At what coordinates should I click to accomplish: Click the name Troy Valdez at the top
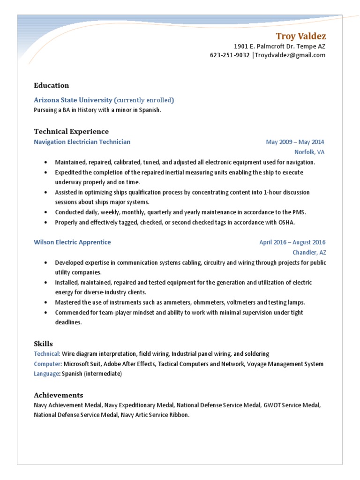(300, 37)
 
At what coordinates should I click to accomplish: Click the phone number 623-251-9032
(230, 55)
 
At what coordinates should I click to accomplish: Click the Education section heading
(51, 85)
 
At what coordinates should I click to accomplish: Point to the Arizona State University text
(73, 100)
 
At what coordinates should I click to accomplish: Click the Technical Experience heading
(71, 131)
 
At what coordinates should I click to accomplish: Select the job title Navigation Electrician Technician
(82, 142)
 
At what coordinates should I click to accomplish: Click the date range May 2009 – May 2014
(295, 142)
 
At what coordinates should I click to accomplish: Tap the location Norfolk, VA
(309, 152)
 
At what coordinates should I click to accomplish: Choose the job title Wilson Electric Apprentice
(72, 242)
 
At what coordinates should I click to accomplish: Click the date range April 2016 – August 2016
(292, 242)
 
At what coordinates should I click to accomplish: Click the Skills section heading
(43, 344)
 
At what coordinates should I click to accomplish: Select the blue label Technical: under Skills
(47, 354)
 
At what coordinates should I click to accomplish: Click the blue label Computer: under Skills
(48, 364)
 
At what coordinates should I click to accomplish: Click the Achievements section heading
(58, 395)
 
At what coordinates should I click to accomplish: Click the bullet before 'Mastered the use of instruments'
(45, 302)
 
